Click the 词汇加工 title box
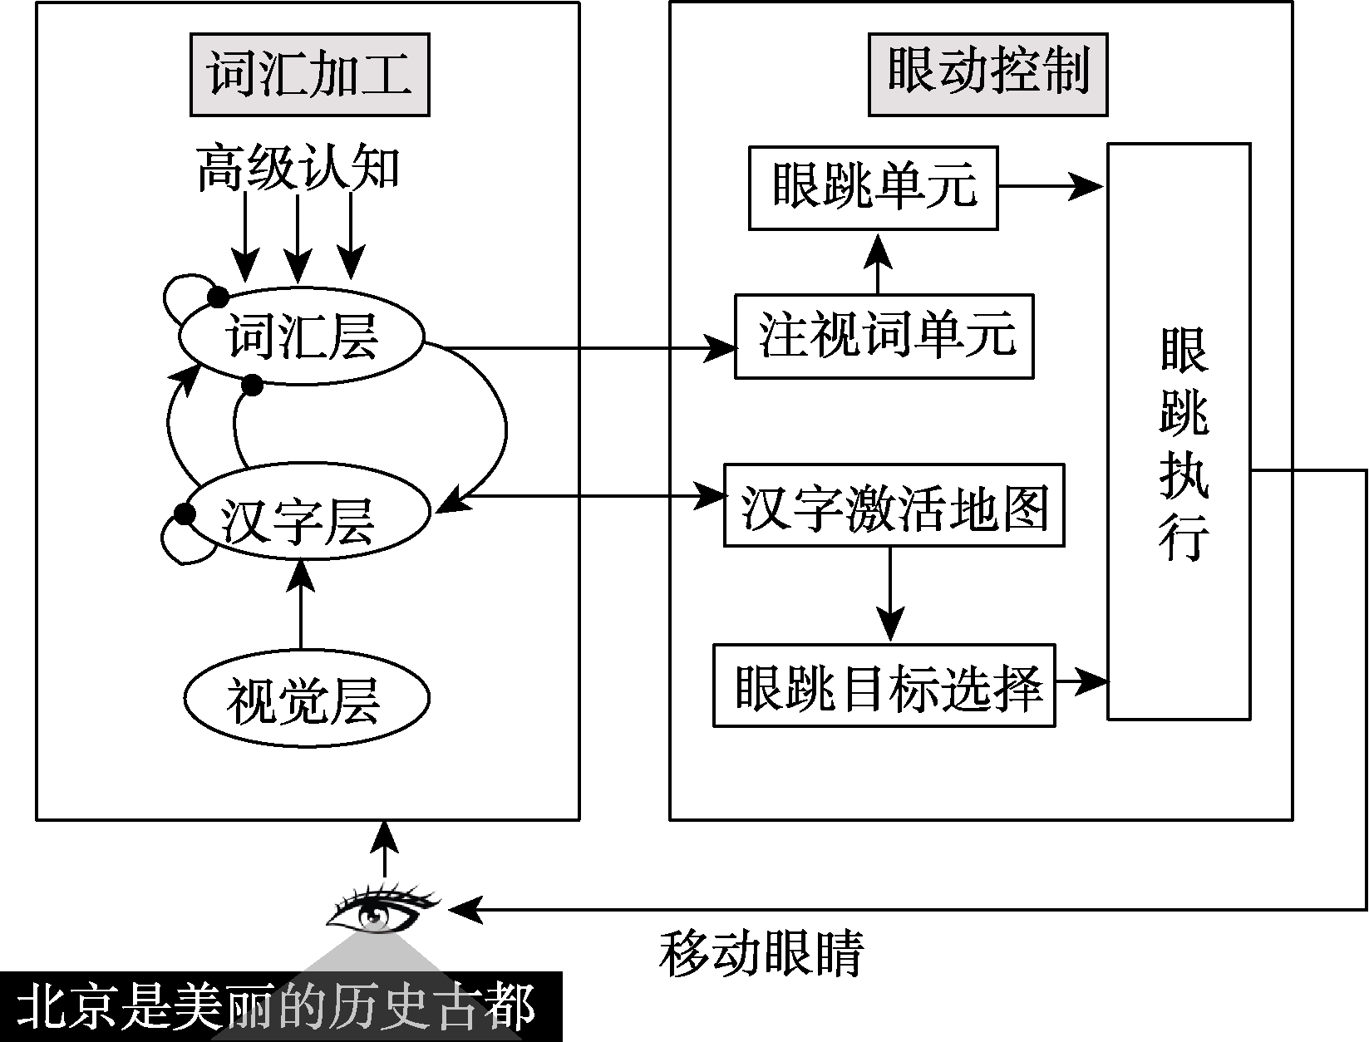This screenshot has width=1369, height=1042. point(310,73)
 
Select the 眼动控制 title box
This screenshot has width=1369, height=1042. point(987,73)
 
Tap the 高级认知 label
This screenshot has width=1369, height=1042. point(298,169)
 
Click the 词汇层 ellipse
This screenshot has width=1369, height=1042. point(303,337)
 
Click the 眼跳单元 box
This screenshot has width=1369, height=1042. point(873,188)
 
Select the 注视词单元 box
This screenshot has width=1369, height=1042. point(884,337)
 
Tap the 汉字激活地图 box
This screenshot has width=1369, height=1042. point(894,505)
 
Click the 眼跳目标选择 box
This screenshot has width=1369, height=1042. point(884,686)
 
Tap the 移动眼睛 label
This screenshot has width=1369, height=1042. point(762,953)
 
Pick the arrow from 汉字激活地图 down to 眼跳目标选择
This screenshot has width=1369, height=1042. point(890,594)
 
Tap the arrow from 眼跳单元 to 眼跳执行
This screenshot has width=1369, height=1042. point(1052,187)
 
